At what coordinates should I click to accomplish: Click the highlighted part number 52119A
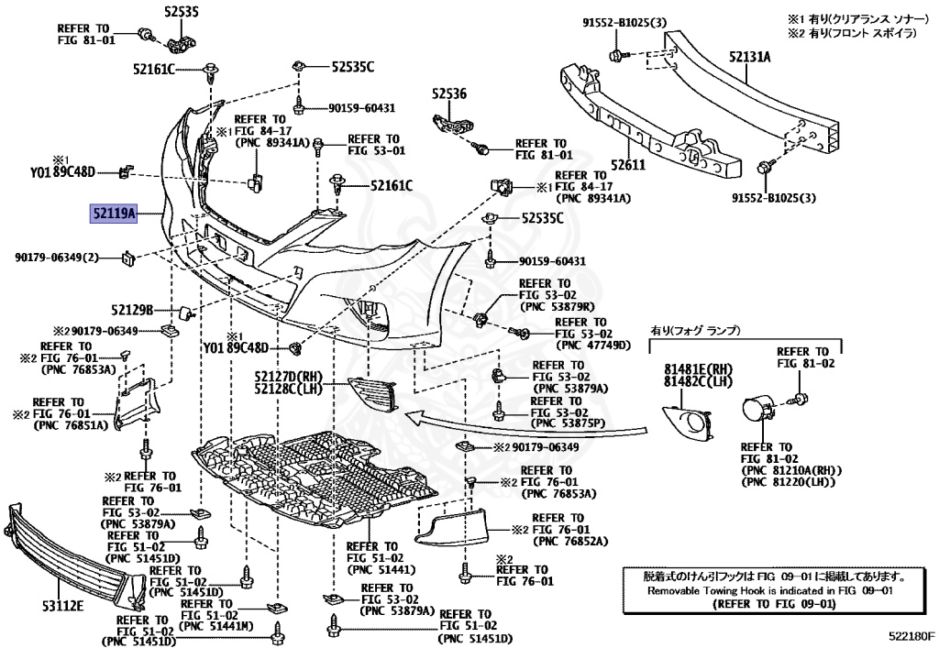tap(113, 214)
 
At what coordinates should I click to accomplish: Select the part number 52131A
tap(749, 56)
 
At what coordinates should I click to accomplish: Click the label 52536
tap(449, 93)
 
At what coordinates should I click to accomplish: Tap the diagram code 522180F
tap(909, 633)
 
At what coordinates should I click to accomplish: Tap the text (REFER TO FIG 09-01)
tap(776, 604)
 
